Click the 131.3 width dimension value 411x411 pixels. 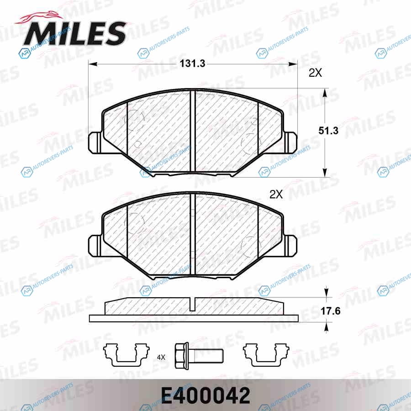tap(192, 63)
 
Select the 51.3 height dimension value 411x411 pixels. tap(328, 131)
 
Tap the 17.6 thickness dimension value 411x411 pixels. tap(330, 311)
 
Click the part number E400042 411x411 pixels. tap(205, 396)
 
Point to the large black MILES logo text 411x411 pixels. tap(74, 33)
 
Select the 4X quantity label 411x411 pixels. tap(161, 357)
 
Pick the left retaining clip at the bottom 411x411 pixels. tap(126, 355)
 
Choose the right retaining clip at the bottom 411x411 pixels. tap(266, 355)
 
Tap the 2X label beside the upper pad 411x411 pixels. tap(315, 73)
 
